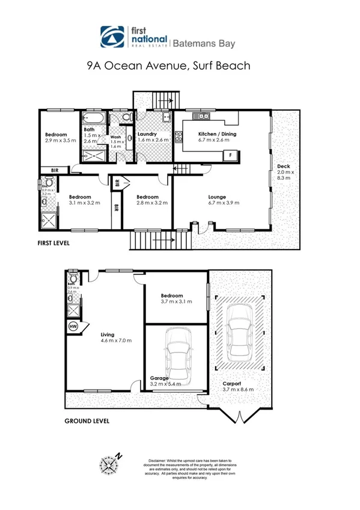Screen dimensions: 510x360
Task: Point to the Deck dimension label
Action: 283,172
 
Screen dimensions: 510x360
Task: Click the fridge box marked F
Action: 231,155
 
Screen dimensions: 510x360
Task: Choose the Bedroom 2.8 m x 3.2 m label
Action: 147,200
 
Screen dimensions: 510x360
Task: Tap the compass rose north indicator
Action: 111,464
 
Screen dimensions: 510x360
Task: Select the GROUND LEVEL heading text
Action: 87,421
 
